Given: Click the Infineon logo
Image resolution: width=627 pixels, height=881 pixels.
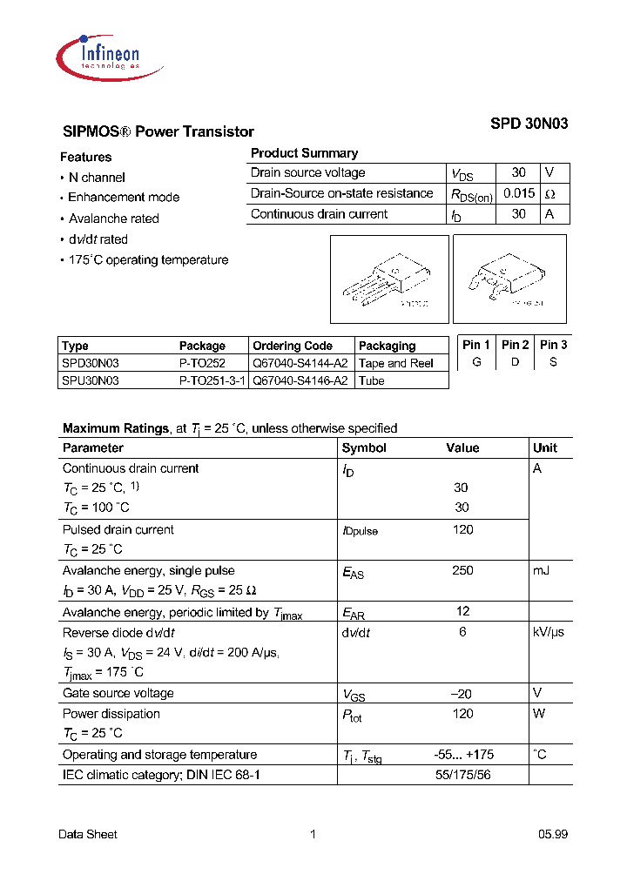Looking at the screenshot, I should pos(99,55).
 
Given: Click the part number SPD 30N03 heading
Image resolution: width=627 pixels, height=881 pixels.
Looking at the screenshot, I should pos(529,124).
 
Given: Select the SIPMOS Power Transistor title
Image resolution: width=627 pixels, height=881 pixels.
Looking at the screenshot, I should pos(158,132).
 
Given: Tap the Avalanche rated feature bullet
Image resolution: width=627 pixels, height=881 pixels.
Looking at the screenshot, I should pos(113,219).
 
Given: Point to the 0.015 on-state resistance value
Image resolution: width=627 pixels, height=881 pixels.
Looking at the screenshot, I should pos(518,193).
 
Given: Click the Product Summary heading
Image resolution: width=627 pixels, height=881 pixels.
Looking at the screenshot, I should pos(304,153).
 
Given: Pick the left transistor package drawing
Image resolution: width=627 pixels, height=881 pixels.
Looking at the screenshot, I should pos(384,279).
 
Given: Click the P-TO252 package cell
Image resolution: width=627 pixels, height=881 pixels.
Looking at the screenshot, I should pos(202,363).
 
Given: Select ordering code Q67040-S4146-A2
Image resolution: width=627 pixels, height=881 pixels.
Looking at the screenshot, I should pos(300,380).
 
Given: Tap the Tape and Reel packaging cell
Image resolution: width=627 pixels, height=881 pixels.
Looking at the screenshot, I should pos(396,363).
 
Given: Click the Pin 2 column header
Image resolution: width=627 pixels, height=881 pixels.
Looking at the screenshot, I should pos(516,345).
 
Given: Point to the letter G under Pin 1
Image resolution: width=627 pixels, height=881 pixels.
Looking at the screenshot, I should pos(476,362).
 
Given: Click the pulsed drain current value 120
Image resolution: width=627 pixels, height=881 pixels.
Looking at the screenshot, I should pos(462,529).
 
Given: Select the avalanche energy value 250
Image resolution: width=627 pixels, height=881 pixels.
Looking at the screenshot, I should pos(462,570).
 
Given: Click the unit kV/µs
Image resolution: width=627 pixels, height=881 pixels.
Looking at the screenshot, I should pos(549,632).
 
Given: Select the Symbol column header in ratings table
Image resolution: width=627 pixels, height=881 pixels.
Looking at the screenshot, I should pos(364,447).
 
